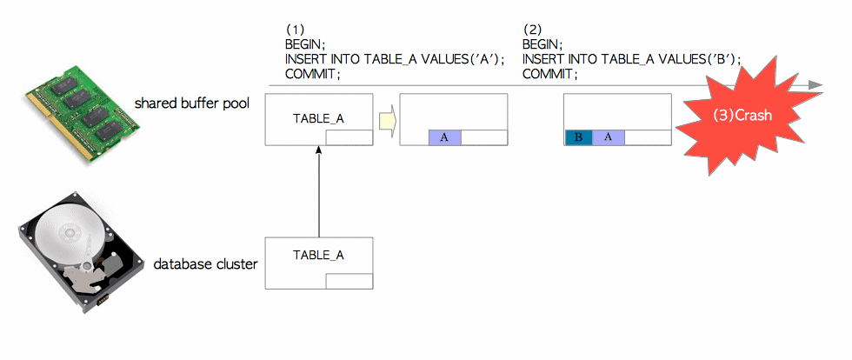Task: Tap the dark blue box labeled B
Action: [x=579, y=137]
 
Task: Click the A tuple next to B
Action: [x=608, y=137]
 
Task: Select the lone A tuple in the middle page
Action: [x=444, y=137]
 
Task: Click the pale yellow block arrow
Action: [x=386, y=120]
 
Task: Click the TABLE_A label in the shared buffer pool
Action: [x=318, y=118]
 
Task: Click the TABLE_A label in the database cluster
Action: [x=318, y=255]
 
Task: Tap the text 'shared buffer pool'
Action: [x=192, y=103]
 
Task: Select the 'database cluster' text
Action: [x=205, y=264]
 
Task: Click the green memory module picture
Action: [x=82, y=113]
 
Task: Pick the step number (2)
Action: [x=532, y=30]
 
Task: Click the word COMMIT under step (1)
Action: [x=312, y=74]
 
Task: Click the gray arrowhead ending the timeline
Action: [x=815, y=85]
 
